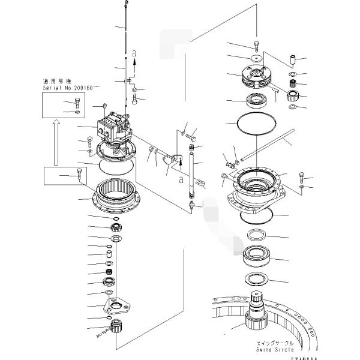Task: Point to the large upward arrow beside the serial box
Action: [x=56, y=141]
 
